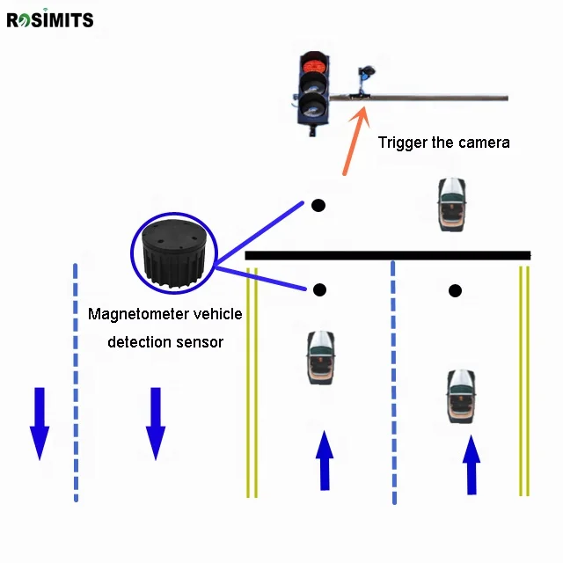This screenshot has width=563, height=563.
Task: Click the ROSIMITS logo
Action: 49,18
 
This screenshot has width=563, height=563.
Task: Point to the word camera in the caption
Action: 483,142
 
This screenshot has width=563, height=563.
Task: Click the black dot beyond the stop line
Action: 318,206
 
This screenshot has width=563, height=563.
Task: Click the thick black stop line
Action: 387,255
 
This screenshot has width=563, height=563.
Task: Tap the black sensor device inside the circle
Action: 173,255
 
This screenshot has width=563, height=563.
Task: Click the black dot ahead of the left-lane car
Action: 320,289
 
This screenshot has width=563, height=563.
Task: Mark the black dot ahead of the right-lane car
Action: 455,291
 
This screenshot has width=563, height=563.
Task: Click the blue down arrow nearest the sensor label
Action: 156,423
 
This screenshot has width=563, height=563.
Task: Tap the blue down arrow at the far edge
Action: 39,422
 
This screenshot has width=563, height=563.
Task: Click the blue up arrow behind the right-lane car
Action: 472,464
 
